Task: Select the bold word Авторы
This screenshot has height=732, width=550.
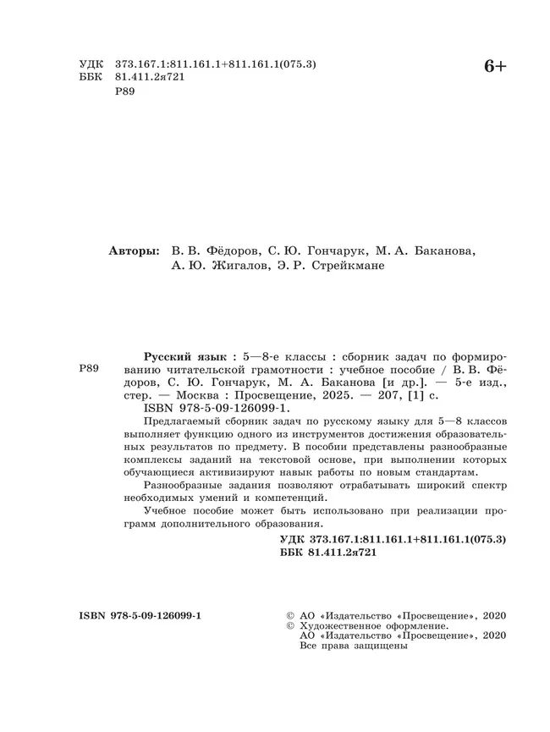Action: pyautogui.click(x=134, y=251)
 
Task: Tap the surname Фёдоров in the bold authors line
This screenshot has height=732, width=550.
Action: pyautogui.click(x=226, y=251)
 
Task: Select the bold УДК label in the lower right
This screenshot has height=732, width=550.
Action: pyautogui.click(x=293, y=538)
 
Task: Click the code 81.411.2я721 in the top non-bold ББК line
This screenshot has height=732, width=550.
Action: pyautogui.click(x=149, y=76)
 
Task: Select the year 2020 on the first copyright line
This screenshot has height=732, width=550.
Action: pyautogui.click(x=492, y=614)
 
